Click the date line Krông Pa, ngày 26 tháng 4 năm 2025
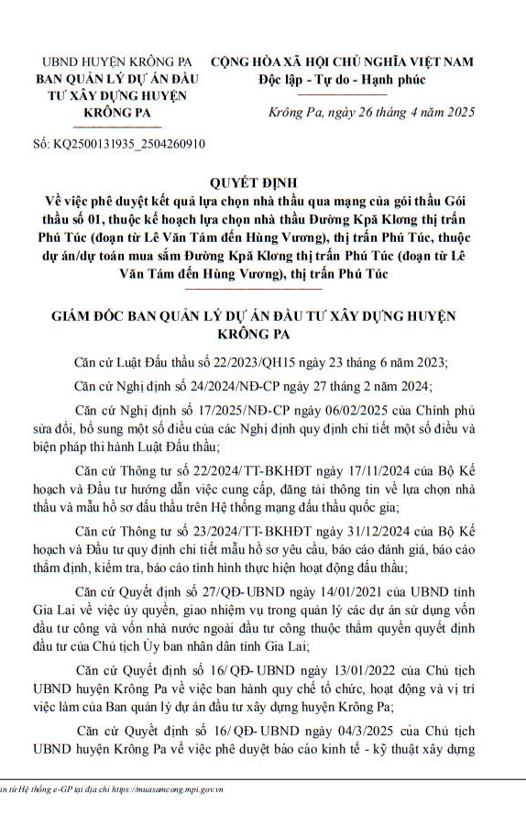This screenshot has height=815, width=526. coord(372,114)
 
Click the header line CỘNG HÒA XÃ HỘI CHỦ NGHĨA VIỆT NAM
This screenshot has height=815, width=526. coord(343,62)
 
